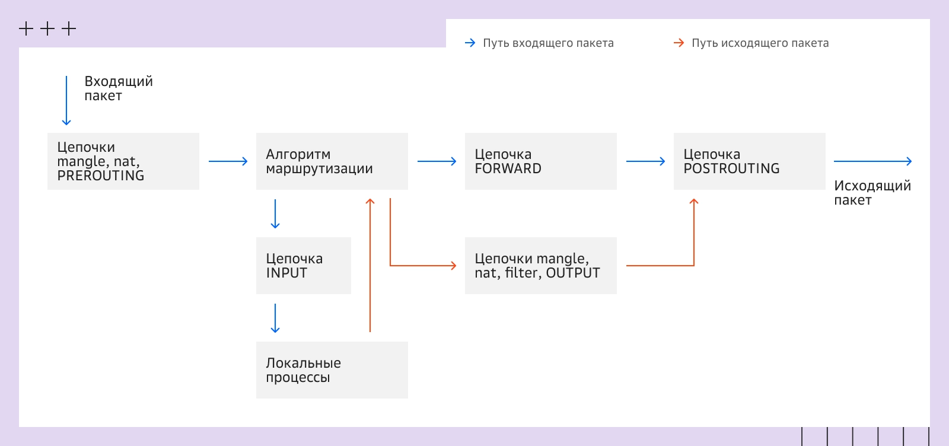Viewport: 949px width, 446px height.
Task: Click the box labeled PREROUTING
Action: point(123,161)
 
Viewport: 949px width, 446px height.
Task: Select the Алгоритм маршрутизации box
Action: point(332,161)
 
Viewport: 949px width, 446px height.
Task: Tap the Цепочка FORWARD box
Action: point(540,161)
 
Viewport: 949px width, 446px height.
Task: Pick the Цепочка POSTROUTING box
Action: point(749,161)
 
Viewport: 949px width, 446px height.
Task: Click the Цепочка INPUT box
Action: point(303,266)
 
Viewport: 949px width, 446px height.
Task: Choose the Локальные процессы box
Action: point(332,370)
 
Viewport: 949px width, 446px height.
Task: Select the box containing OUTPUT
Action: point(540,266)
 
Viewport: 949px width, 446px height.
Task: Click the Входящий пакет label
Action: point(118,88)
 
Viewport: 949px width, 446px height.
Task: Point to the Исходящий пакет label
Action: point(872,193)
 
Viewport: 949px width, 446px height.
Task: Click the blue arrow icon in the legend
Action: point(470,43)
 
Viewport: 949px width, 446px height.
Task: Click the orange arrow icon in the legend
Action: point(679,43)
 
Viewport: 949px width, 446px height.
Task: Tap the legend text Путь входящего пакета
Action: point(548,43)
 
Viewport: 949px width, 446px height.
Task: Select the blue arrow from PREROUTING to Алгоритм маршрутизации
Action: point(228,161)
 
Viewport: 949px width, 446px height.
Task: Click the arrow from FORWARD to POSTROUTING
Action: point(645,161)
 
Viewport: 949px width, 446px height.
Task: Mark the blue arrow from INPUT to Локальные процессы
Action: point(275,318)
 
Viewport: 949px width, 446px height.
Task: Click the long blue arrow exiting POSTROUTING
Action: point(872,161)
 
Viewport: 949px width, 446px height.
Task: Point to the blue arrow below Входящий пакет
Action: point(66,101)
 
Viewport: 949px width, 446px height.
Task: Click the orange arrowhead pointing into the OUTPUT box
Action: point(453,266)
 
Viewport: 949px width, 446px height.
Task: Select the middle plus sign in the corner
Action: point(47,28)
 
